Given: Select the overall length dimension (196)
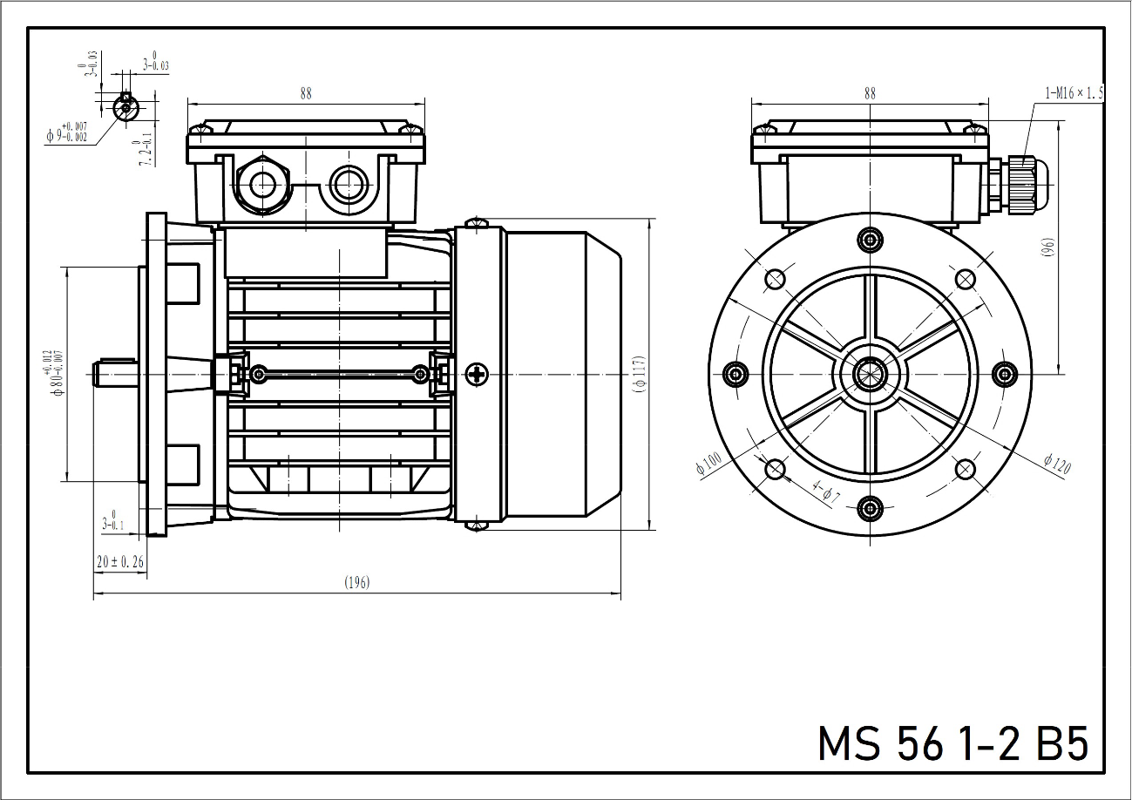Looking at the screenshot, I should click(x=356, y=583).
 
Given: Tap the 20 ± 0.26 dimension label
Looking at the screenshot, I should click(x=120, y=562).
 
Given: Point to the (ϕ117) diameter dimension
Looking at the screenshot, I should click(x=640, y=375).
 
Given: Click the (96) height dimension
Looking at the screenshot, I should click(x=1048, y=247).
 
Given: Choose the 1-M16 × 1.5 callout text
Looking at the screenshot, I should click(x=1074, y=92).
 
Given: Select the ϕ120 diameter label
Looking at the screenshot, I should click(x=1056, y=464).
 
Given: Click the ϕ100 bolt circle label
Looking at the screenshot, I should click(x=708, y=463).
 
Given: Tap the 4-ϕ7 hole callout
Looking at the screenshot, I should click(x=824, y=492).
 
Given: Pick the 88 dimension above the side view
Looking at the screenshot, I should click(x=305, y=92).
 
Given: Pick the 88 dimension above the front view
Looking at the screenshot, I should click(x=870, y=92).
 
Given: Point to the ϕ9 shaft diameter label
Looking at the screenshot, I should click(x=68, y=132).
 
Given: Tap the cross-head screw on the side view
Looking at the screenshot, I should click(x=477, y=374).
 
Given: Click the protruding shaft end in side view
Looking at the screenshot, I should click(x=114, y=373).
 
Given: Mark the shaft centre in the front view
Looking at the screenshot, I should click(x=869, y=374).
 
